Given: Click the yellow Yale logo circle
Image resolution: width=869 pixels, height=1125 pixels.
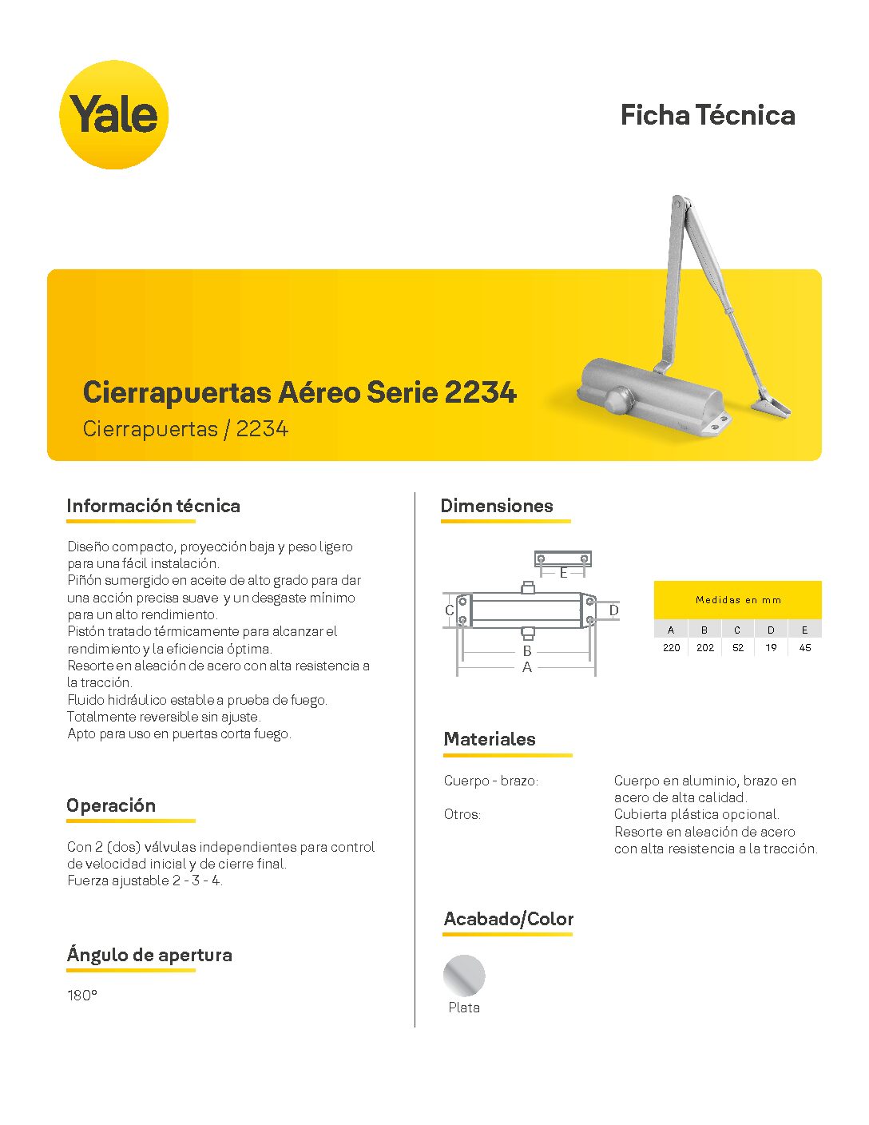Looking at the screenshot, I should (114, 114).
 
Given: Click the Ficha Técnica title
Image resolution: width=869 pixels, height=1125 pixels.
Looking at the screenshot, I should (708, 115).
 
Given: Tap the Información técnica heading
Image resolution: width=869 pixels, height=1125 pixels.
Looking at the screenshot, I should (153, 506).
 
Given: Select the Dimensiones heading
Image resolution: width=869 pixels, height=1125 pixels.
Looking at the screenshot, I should (497, 506).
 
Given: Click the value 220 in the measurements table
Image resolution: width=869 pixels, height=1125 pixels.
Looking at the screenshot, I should (671, 648).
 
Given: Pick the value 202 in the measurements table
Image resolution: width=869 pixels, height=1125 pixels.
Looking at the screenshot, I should (704, 648).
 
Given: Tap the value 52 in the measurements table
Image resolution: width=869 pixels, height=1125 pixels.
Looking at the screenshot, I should (738, 648).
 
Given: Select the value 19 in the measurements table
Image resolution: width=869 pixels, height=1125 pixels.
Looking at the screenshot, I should (771, 648).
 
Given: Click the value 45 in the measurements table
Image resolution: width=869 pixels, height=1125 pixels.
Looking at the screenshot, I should (805, 648).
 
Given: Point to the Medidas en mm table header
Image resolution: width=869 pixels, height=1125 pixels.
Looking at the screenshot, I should (738, 599).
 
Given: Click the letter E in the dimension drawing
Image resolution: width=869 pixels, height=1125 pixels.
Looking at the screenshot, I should (563, 573).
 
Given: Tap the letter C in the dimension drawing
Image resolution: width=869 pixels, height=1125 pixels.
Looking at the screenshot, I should (449, 610).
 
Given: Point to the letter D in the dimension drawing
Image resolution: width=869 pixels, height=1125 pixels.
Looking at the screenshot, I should (613, 610).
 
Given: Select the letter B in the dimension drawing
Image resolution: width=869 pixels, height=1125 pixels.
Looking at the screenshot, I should (527, 651).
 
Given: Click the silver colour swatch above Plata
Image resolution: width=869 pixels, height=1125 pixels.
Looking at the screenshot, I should (464, 975).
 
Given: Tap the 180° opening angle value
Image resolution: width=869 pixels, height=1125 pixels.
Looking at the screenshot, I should (82, 996).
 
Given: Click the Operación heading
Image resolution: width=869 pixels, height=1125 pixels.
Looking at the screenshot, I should (111, 805).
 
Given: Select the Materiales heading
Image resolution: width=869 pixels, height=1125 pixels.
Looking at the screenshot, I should (490, 739).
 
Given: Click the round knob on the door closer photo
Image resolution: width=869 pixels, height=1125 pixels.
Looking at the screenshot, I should (617, 399).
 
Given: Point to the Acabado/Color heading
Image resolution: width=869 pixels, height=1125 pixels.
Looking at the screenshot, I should (509, 919).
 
